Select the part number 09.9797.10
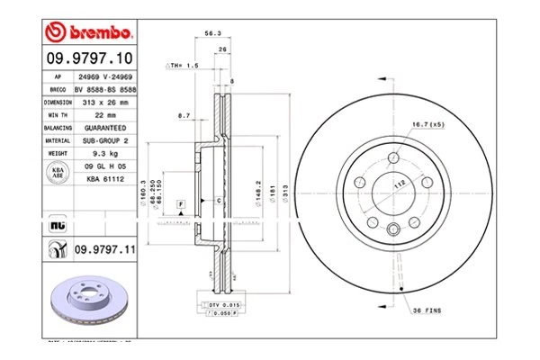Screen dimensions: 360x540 tap(89, 58)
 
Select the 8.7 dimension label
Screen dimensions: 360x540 tap(184, 115)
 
